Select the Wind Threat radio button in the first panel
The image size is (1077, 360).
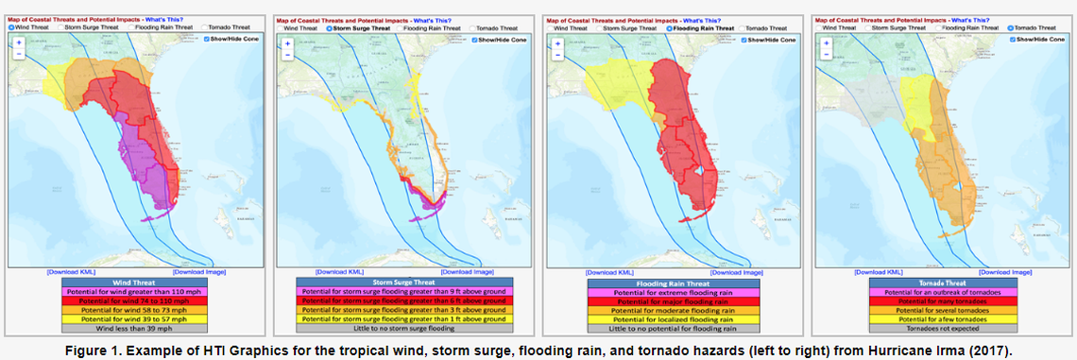tap(11, 27)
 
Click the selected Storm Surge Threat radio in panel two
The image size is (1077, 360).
tap(330, 28)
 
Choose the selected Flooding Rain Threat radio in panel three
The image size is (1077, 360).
tap(668, 28)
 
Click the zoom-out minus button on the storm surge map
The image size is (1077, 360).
tap(285, 55)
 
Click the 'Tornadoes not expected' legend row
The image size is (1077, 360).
tap(939, 329)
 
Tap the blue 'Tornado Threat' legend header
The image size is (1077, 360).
tap(939, 282)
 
